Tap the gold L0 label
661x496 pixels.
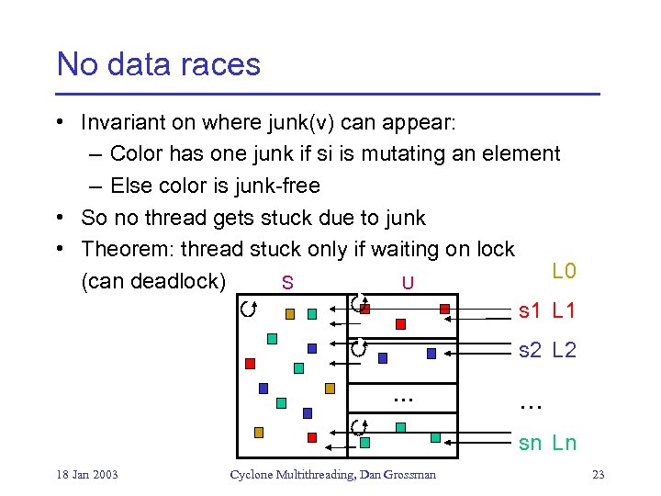pos(564,271)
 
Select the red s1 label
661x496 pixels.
pos(530,311)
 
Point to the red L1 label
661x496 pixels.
pos(564,311)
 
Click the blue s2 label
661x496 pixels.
pos(530,350)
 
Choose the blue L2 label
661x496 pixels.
pos(564,350)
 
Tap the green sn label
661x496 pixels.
pos(530,443)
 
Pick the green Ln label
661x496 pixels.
pos(564,443)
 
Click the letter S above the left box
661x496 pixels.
pos(287,282)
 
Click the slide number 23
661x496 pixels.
pos(598,475)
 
